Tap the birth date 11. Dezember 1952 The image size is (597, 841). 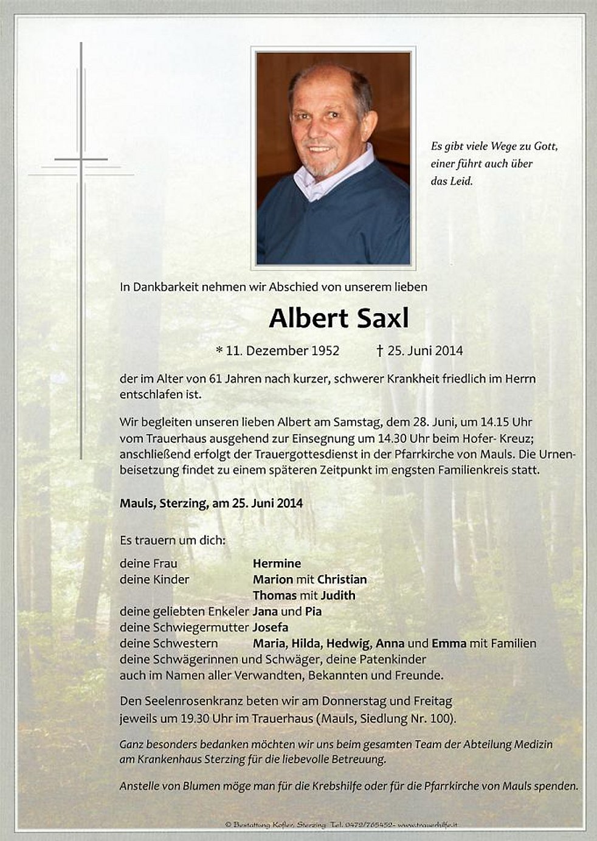(x=282, y=351)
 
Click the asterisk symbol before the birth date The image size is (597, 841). (x=219, y=350)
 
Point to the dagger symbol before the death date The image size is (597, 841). (x=380, y=351)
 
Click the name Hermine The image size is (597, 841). (x=277, y=564)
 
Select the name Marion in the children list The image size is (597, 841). (x=273, y=580)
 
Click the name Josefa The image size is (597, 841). (x=271, y=627)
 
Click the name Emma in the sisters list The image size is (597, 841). (x=449, y=643)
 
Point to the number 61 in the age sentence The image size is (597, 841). (x=215, y=379)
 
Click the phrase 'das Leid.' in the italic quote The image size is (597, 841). (x=451, y=181)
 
